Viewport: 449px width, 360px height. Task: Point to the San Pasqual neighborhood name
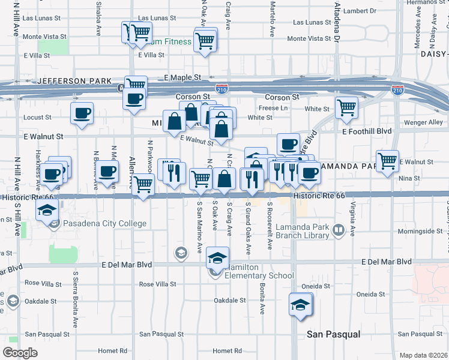tap(333, 334)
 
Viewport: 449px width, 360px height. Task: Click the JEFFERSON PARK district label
tap(74, 81)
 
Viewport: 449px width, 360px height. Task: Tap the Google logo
tap(20, 353)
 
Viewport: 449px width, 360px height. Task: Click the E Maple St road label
tap(182, 78)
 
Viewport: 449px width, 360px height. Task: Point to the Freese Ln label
tap(277, 108)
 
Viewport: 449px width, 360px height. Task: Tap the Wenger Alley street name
tap(427, 122)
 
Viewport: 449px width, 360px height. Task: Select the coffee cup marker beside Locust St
tap(82, 112)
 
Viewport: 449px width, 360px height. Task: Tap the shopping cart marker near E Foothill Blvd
tap(346, 107)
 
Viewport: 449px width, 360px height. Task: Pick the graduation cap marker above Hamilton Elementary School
tap(217, 258)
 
